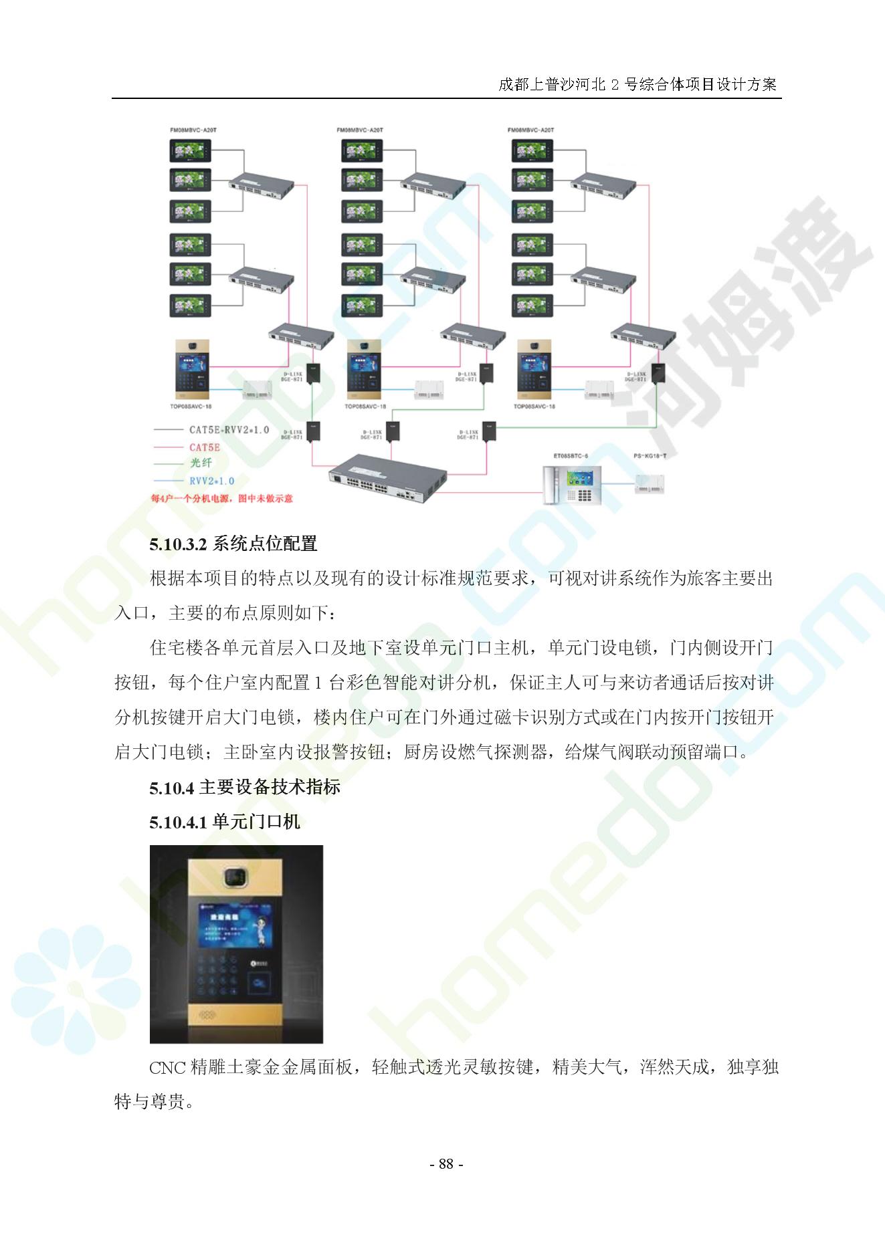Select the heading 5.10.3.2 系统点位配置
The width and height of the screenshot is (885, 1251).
233,544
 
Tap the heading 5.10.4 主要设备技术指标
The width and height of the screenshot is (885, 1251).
245,787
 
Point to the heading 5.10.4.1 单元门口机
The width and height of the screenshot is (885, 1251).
225,822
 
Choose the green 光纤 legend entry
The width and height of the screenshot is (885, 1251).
201,463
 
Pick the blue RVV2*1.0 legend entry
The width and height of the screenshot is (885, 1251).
211,481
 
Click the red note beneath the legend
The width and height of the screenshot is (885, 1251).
221,498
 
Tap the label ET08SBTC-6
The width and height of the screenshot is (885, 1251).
571,456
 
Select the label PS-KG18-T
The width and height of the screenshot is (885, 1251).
650,456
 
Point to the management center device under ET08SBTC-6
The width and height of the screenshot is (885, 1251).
571,485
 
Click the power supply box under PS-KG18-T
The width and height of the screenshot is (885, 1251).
650,484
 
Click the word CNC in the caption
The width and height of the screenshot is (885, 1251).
167,1066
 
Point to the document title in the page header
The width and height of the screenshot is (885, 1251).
637,84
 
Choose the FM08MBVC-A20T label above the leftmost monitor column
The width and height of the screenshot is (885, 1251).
193,130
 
